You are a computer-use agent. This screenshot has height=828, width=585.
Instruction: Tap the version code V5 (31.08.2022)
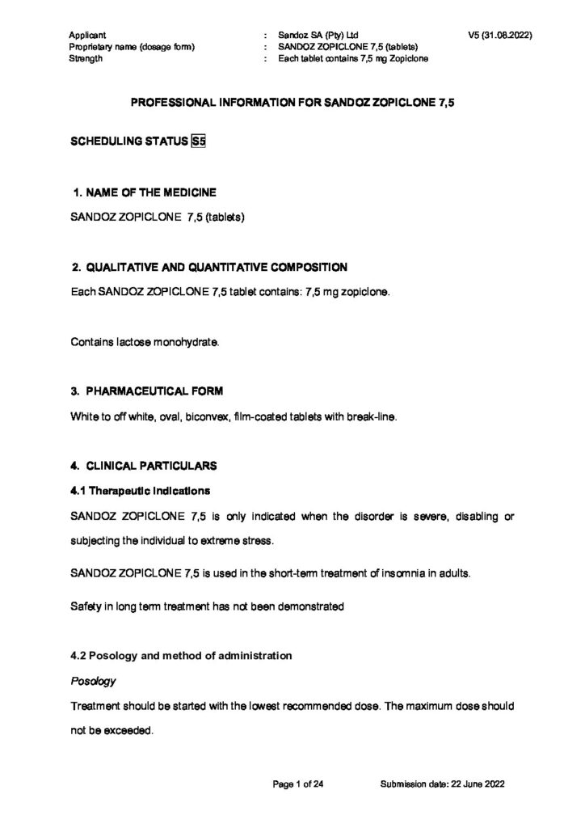pyautogui.click(x=499, y=36)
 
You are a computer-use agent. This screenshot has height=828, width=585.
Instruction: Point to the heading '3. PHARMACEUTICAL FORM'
pyautogui.click(x=146, y=391)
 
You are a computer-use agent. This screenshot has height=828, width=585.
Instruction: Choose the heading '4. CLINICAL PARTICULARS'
pyautogui.click(x=142, y=466)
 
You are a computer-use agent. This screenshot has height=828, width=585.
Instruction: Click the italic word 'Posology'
pyautogui.click(x=93, y=681)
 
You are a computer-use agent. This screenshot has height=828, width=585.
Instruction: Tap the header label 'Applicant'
pyautogui.click(x=88, y=36)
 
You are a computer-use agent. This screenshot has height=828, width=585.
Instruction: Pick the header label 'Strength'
pyautogui.click(x=86, y=59)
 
